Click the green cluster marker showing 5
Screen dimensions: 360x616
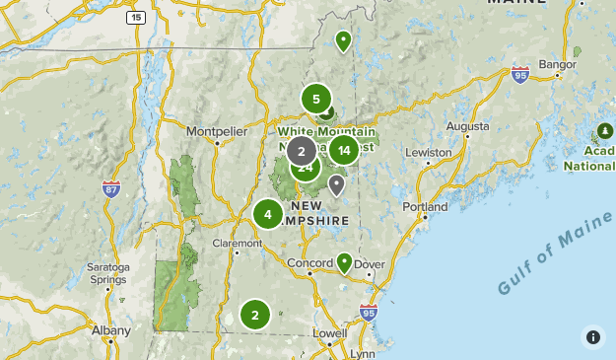315,99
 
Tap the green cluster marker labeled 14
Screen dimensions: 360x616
343,150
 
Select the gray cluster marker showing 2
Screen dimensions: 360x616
302,151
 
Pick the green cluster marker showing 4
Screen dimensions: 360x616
267,214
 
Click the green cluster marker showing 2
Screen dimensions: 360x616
254,316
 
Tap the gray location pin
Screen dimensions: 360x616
337,184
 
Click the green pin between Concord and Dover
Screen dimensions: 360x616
344,262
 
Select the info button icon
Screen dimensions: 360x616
593,337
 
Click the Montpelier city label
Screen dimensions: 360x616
215,129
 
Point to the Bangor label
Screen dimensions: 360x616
557,64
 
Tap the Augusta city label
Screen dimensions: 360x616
467,126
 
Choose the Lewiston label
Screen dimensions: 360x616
427,153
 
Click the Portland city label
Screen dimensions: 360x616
425,207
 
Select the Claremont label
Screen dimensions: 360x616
238,243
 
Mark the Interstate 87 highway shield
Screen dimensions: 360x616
111,187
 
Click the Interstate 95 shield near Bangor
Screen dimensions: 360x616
520,74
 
